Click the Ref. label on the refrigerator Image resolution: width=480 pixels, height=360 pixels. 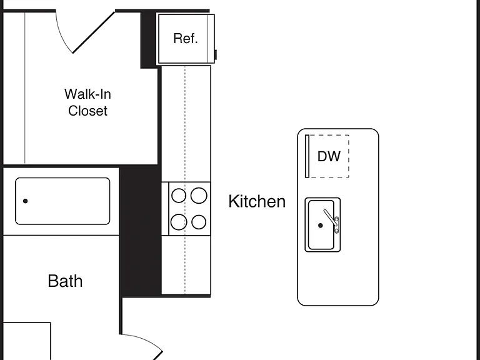click(x=186, y=39)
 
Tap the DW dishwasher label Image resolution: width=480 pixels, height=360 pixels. click(x=329, y=156)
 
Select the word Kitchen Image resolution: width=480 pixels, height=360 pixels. click(x=257, y=201)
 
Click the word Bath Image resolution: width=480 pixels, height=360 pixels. click(x=65, y=281)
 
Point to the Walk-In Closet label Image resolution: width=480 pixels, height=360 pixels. click(x=88, y=102)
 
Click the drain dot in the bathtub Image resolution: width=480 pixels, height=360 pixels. click(x=26, y=201)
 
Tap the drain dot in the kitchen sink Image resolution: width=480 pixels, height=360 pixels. click(x=321, y=226)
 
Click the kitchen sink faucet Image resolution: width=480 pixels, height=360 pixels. click(x=331, y=219)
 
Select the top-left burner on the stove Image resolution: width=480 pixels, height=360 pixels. click(x=179, y=196)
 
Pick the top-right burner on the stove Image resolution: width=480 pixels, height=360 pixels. click(x=199, y=195)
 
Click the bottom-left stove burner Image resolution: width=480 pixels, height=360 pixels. click(x=179, y=222)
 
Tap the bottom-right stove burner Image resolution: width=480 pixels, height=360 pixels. click(x=199, y=222)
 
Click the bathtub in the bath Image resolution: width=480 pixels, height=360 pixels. click(x=62, y=201)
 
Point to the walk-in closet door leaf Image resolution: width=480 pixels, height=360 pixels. click(x=94, y=32)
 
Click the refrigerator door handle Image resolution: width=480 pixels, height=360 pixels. click(x=216, y=55)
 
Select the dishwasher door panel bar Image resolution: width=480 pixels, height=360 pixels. click(x=307, y=156)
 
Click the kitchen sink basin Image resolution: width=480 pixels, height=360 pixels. click(x=321, y=225)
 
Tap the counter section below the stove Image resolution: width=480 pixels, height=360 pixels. click(x=186, y=265)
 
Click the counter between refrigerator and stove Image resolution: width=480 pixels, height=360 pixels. click(x=186, y=124)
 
